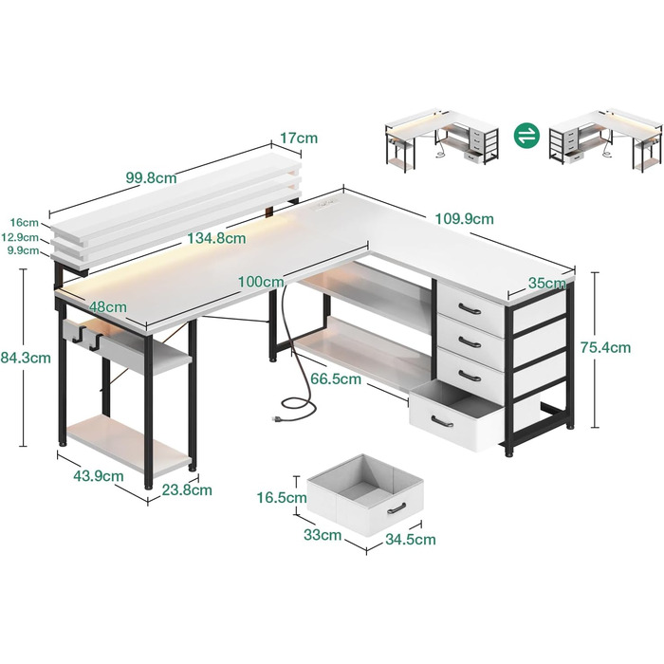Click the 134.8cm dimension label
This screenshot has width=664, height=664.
tap(217, 238)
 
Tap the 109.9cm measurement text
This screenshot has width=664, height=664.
tap(465, 219)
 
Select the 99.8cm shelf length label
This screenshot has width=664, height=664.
tap(151, 177)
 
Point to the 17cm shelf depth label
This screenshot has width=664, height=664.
tap(299, 138)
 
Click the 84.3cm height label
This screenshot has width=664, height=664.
tap(26, 358)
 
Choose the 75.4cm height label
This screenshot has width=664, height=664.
tap(605, 348)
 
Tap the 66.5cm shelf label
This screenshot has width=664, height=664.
tap(336, 379)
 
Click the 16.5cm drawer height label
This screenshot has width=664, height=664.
tap(282, 498)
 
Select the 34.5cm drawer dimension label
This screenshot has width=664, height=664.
tap(411, 540)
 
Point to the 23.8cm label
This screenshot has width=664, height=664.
tap(187, 490)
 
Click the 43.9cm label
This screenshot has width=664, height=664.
tap(99, 476)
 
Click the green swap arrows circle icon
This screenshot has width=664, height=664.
tap(526, 136)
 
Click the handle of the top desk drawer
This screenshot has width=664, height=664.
tap(470, 308)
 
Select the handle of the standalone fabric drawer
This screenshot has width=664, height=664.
tap(397, 508)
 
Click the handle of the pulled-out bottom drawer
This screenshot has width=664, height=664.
tap(443, 422)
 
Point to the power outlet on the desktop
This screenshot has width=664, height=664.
tap(324, 204)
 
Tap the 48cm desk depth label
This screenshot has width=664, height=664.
tap(108, 307)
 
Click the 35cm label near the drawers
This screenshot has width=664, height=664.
tap(547, 284)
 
